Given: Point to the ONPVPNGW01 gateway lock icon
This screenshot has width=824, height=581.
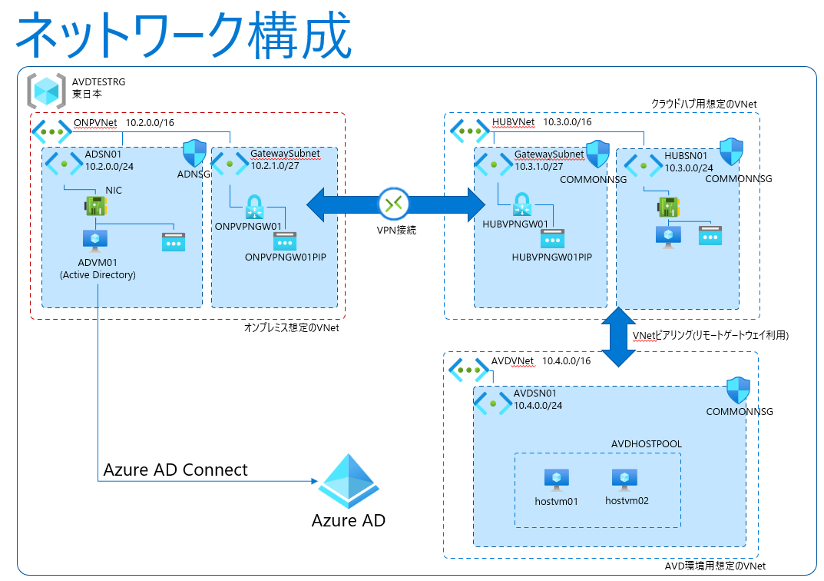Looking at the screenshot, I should [254, 206].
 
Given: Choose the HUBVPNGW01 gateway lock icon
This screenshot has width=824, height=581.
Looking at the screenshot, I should [523, 205].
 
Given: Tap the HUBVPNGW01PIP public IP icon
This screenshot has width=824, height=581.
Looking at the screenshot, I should [552, 238].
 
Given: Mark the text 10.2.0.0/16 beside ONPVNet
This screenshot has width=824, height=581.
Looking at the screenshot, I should [150, 122].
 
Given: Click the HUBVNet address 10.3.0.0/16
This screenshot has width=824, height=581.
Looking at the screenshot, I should [568, 122].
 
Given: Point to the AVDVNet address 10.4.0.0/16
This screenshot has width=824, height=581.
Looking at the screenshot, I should [567, 361].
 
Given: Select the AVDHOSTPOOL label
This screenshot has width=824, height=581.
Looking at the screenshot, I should [646, 443].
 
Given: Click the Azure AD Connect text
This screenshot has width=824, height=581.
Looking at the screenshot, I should [176, 470].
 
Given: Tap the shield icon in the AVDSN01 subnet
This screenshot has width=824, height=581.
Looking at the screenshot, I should [738, 390].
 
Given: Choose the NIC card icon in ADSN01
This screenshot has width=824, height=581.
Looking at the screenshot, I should [95, 206].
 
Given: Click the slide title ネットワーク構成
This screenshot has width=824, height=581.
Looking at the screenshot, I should [183, 35].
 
